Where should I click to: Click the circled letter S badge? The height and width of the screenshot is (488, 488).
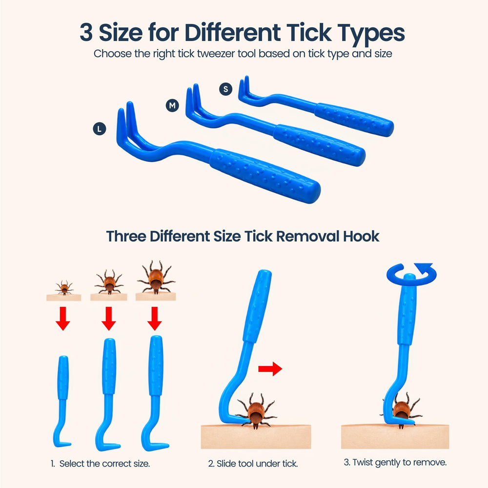225,89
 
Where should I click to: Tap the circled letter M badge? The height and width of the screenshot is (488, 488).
172,105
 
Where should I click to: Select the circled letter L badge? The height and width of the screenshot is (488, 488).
100,128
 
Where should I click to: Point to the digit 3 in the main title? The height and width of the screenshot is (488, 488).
86,32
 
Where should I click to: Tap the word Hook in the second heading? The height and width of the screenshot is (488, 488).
361,236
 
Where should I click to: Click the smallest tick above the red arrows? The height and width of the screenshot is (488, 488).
64,287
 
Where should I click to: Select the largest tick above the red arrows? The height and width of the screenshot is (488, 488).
156,277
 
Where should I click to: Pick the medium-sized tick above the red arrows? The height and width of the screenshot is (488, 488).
109,282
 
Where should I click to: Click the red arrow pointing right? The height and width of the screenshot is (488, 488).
270,369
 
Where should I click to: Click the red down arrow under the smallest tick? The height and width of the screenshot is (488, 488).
63,318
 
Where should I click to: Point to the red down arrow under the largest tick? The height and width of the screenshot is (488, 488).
155,318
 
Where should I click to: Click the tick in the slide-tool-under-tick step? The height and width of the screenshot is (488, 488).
256,411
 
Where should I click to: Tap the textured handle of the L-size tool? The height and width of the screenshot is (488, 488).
264,176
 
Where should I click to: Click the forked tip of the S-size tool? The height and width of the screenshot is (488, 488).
245,89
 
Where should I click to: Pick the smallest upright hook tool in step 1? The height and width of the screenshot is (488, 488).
62,402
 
